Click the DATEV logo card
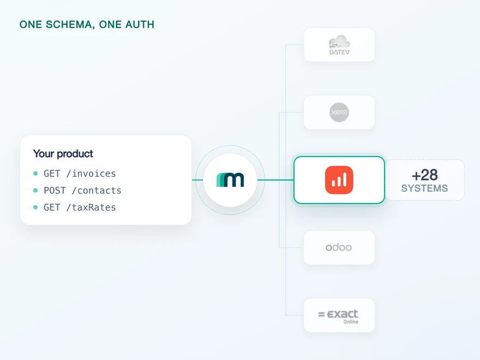[339, 45]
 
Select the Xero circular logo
[339, 112]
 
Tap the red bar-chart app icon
[339, 180]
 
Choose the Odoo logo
[339, 247]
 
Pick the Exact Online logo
[338, 316]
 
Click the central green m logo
[230, 179]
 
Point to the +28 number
[424, 175]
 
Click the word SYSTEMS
[424, 188]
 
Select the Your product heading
[63, 154]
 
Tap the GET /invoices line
[80, 173]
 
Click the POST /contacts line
[82, 190]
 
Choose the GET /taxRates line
[80, 207]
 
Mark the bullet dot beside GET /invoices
[35, 173]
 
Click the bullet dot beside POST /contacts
[35, 190]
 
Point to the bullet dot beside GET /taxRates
[35, 207]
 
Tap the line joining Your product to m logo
[197, 180]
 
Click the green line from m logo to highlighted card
[275, 180]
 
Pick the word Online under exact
[351, 322]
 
